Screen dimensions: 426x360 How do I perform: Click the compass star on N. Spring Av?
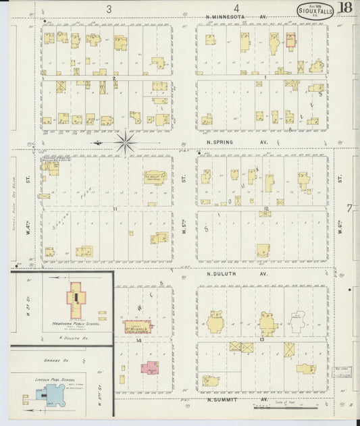(x=125, y=142)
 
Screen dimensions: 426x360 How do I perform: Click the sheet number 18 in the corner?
(x=345, y=7)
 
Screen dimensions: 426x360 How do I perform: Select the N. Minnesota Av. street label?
(x=236, y=17)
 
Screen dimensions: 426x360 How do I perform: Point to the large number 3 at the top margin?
(x=109, y=9)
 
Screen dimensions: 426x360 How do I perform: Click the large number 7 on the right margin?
(x=350, y=207)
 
